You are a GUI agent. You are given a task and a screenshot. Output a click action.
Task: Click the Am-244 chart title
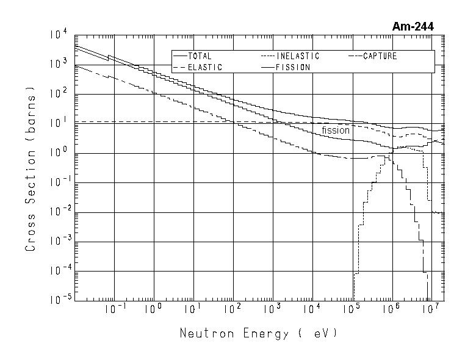(413, 26)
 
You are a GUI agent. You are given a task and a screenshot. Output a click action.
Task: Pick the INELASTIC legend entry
(297, 56)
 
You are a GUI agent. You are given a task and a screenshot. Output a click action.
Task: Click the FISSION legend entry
(293, 67)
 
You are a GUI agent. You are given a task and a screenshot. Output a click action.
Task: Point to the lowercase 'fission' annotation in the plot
(336, 130)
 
